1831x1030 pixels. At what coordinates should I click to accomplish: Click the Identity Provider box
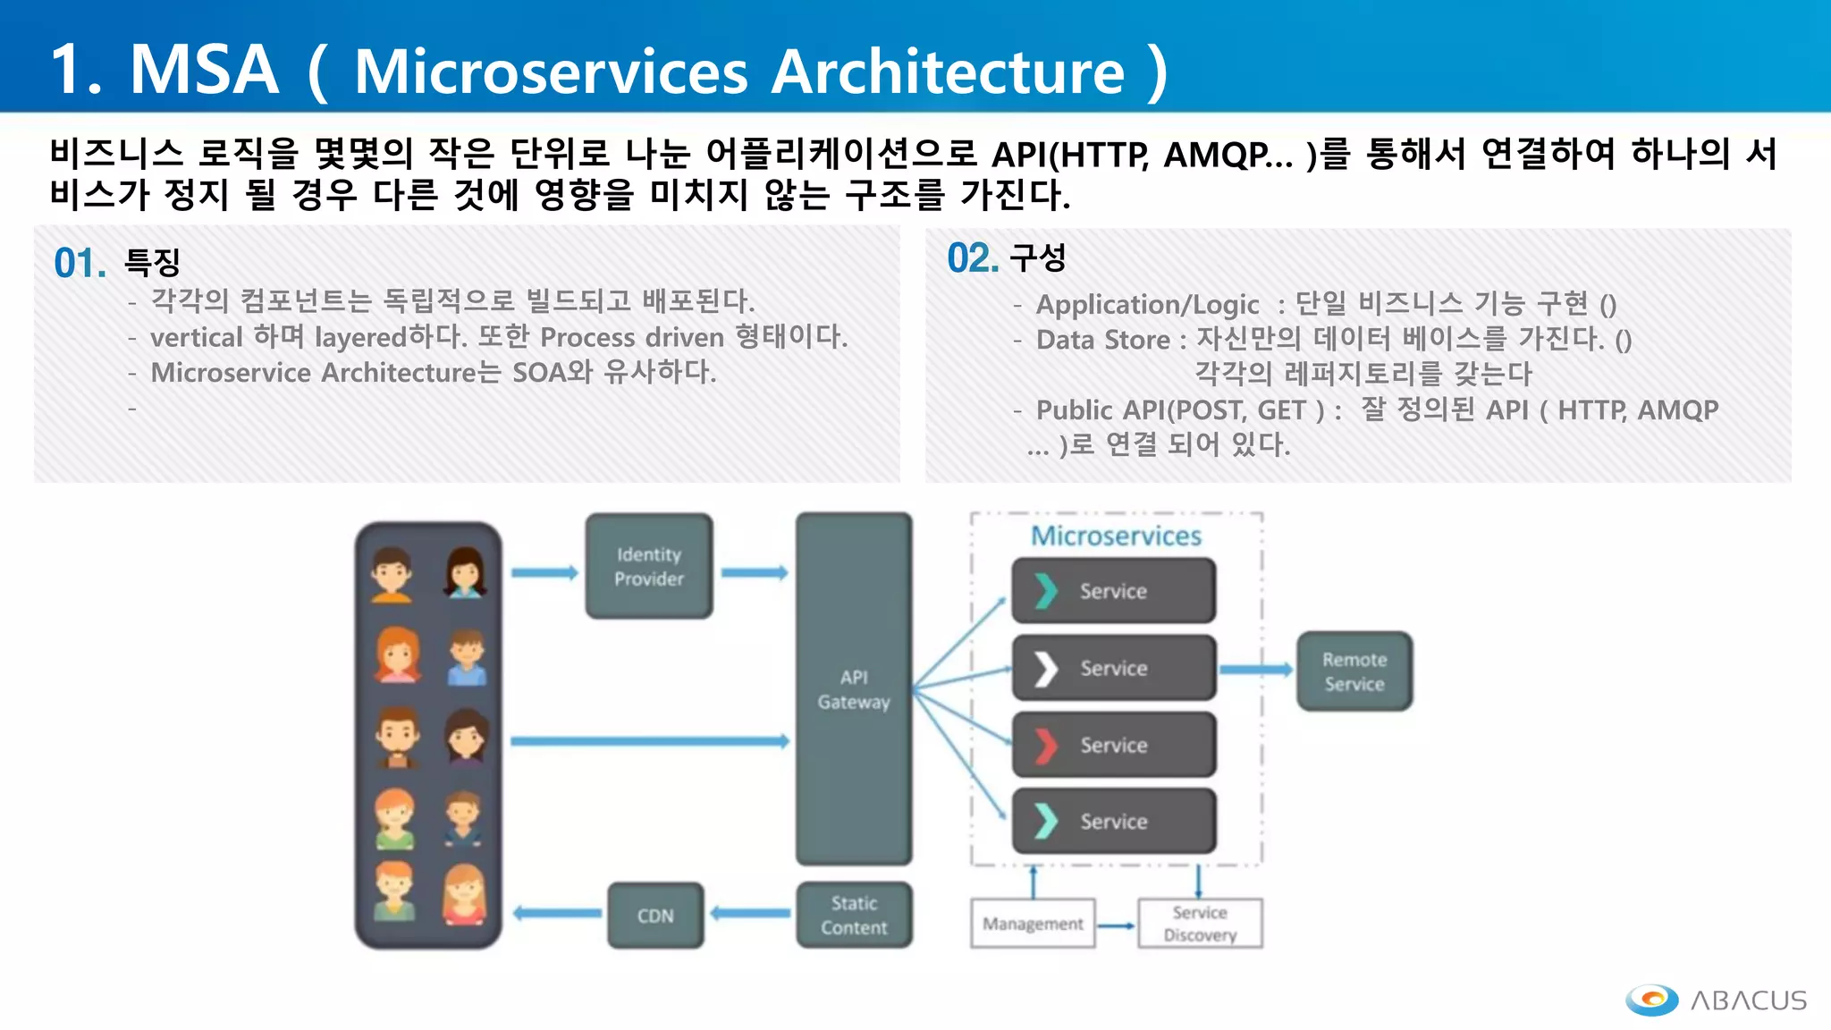point(649,566)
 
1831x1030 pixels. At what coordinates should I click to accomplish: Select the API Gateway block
point(854,688)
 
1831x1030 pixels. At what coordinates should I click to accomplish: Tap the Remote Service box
point(1354,671)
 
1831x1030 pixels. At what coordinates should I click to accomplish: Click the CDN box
point(655,916)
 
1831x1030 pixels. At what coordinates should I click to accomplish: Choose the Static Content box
point(854,916)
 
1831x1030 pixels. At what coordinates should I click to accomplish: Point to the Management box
point(1033,924)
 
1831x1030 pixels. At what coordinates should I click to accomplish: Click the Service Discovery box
point(1200,924)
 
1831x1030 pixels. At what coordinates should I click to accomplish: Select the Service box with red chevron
point(1113,745)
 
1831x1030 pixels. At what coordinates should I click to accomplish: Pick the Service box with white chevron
point(1113,668)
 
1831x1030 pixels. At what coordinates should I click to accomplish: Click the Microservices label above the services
point(1116,536)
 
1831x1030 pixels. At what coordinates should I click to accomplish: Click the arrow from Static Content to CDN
point(750,914)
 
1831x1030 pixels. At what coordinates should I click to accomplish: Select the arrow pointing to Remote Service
point(1256,670)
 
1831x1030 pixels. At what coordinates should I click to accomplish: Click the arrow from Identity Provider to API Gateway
point(755,572)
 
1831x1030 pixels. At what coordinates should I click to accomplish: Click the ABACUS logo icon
point(1652,1000)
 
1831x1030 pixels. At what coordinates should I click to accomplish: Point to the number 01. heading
point(80,264)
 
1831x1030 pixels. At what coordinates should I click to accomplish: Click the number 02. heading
point(973,259)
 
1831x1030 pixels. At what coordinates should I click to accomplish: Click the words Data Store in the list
point(1102,340)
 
